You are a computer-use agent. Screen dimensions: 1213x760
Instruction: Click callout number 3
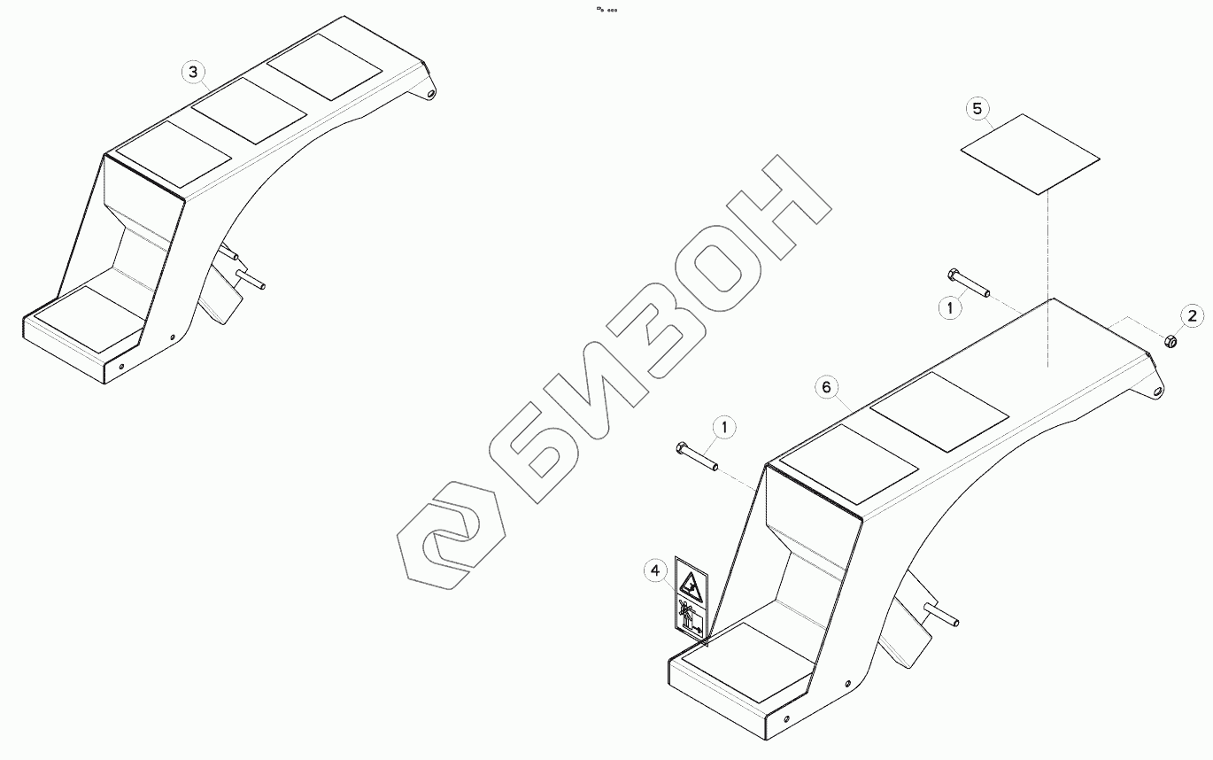tap(194, 72)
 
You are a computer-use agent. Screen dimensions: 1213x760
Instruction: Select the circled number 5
tap(977, 109)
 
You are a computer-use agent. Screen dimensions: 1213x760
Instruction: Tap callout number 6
tap(825, 387)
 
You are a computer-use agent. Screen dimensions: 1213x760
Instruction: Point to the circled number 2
tap(1191, 314)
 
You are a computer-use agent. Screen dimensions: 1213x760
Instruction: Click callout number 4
tap(655, 571)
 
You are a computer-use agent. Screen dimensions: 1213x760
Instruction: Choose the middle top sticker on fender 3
tap(249, 111)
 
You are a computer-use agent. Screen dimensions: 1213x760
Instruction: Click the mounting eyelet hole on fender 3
tap(431, 92)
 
